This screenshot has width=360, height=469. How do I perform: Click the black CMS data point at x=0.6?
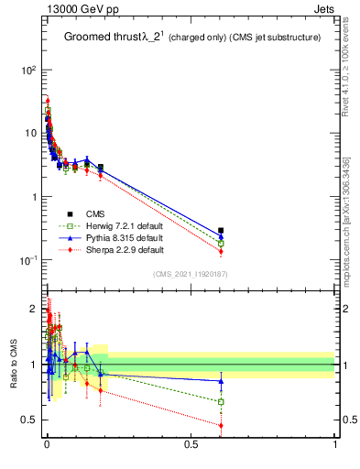click(x=221, y=231)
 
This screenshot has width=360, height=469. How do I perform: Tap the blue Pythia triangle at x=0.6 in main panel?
click(x=221, y=236)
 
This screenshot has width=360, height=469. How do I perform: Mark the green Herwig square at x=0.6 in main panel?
click(x=221, y=243)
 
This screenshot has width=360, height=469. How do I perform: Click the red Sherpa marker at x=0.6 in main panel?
click(x=221, y=251)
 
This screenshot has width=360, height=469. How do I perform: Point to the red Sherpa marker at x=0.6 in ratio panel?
click(x=221, y=425)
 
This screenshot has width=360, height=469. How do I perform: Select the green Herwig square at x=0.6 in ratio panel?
click(x=221, y=401)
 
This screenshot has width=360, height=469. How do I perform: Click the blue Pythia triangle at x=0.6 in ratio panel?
click(x=221, y=381)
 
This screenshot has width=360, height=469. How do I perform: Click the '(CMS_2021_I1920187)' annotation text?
click(x=190, y=273)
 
